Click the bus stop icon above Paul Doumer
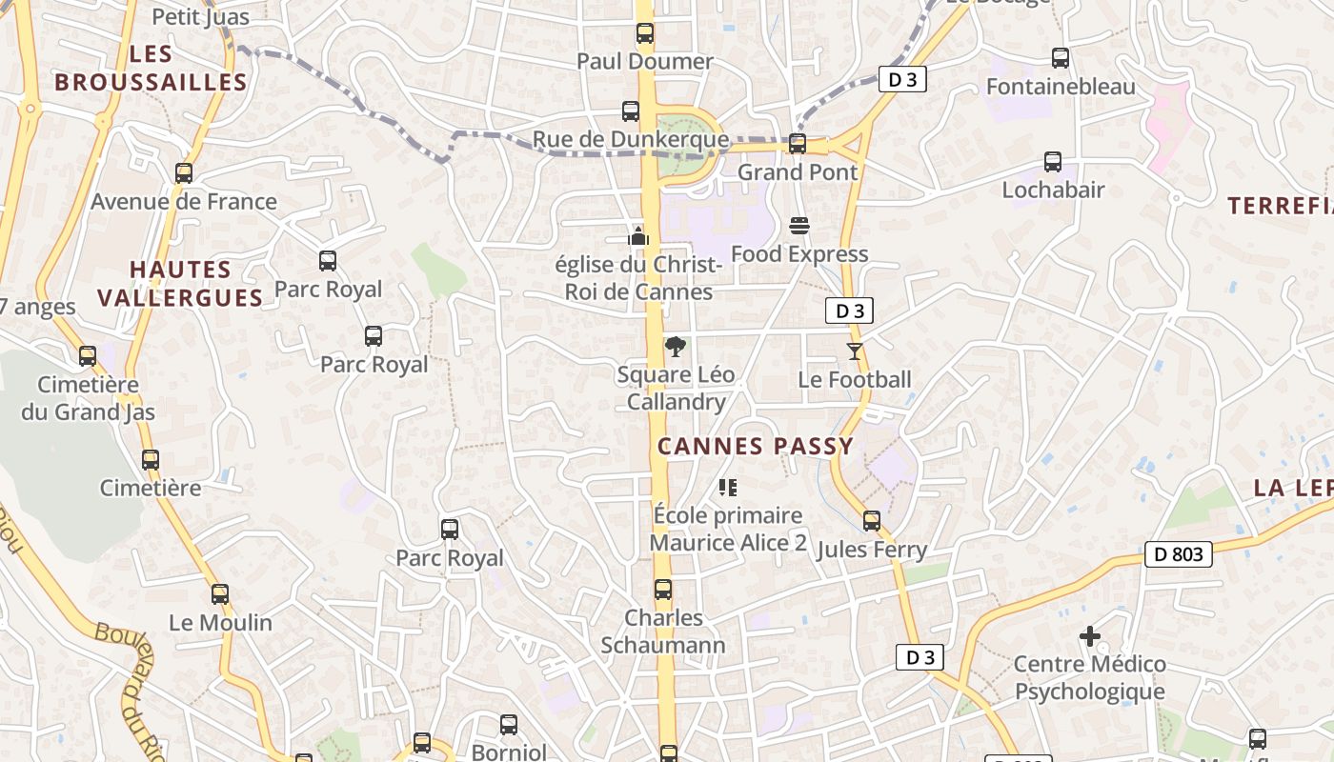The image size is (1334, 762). pyautogui.click(x=645, y=33)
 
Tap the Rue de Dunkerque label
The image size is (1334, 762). pyautogui.click(x=630, y=140)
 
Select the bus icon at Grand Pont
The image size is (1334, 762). pyautogui.click(x=798, y=144)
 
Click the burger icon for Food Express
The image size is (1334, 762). pyautogui.click(x=798, y=226)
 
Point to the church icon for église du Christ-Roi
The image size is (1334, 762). pyautogui.click(x=637, y=235)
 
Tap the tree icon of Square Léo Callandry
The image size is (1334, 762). pyautogui.click(x=676, y=347)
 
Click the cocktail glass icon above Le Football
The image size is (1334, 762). pyautogui.click(x=855, y=351)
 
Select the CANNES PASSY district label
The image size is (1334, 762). pyautogui.click(x=755, y=446)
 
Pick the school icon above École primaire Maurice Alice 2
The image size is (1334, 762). pyautogui.click(x=729, y=488)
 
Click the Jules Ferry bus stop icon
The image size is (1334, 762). pyautogui.click(x=872, y=521)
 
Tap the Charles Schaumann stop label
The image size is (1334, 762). pyautogui.click(x=663, y=631)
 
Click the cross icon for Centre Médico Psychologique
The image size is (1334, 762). pyautogui.click(x=1090, y=635)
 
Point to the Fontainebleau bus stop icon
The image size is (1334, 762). pyautogui.click(x=1060, y=58)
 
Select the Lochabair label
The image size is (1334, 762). pyautogui.click(x=1053, y=190)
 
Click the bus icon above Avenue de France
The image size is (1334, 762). pyautogui.click(x=184, y=173)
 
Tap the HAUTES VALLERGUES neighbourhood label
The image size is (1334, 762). pyautogui.click(x=180, y=284)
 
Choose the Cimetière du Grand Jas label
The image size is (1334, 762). pyautogui.click(x=88, y=398)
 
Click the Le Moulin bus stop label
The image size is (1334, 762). pyautogui.click(x=220, y=623)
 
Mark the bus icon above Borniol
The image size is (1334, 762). pyautogui.click(x=509, y=725)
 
